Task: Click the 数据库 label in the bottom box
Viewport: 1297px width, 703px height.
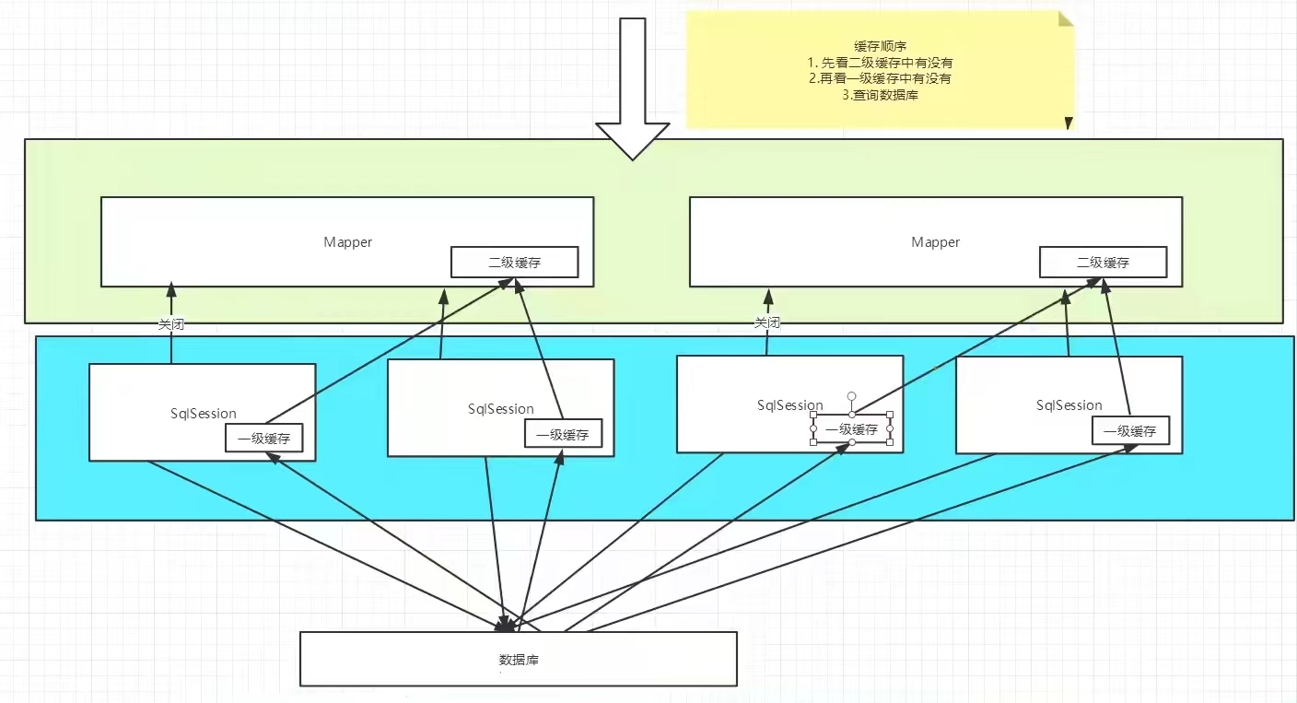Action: (519, 660)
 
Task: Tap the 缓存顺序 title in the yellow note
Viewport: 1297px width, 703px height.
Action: (880, 46)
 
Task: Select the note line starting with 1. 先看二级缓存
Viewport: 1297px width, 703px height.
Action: (880, 63)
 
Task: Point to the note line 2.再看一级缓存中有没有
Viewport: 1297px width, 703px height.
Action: (880, 78)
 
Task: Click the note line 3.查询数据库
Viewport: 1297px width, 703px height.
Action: (880, 94)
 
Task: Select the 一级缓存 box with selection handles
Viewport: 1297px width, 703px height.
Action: (852, 429)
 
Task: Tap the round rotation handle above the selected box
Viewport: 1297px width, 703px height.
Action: (851, 396)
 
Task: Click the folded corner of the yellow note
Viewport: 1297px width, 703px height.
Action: (1066, 18)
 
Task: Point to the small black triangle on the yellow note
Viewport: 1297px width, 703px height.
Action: (1069, 123)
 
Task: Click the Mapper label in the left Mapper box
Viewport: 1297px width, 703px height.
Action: (347, 242)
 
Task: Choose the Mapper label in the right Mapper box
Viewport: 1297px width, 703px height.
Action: (935, 242)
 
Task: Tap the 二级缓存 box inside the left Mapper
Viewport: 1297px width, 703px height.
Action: (515, 263)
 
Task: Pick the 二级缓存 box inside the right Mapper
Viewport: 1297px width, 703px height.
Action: (1103, 263)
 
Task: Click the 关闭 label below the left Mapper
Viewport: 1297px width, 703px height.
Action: (171, 324)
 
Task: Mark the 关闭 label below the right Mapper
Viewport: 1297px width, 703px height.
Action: (767, 322)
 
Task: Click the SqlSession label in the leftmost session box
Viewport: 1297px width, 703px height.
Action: (204, 414)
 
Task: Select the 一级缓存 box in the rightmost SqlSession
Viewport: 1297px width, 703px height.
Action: (1130, 431)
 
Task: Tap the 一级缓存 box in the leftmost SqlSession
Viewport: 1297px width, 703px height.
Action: (264, 439)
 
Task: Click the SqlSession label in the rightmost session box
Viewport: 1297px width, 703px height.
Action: (1069, 405)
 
